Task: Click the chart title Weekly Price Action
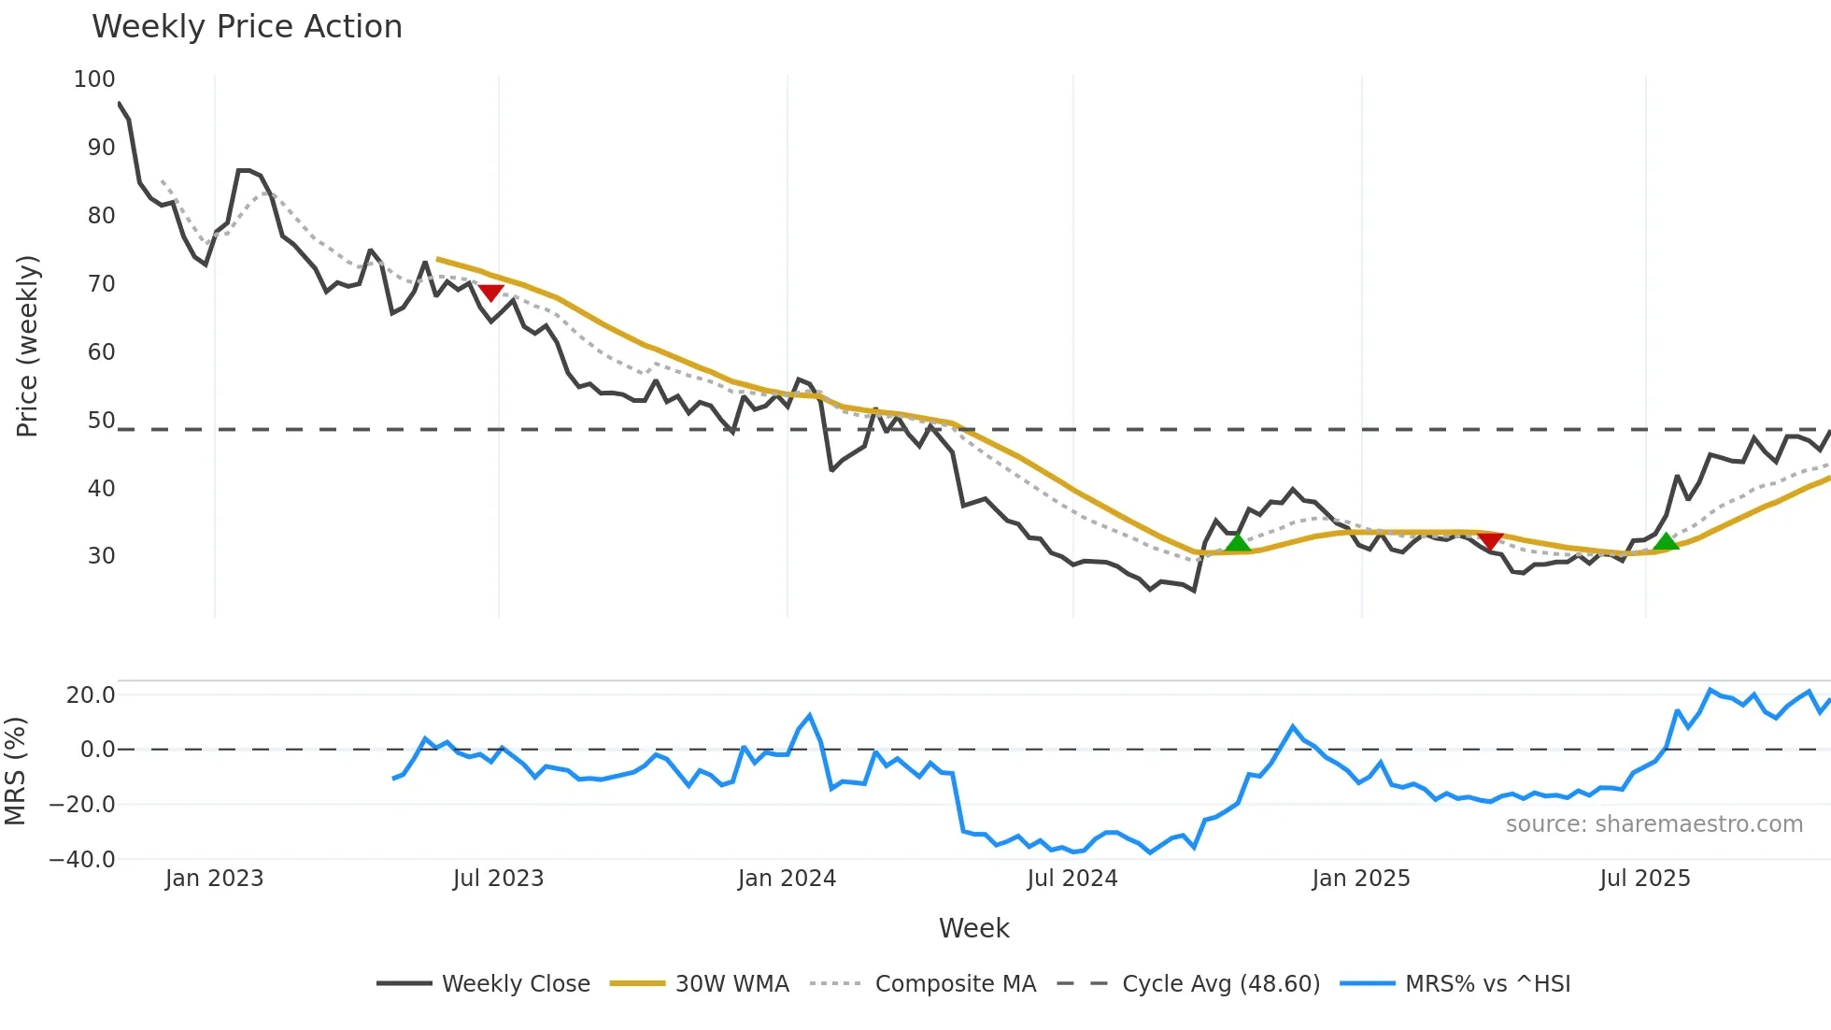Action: [247, 27]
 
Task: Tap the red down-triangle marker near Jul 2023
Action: [490, 293]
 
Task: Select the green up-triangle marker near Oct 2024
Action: [1237, 543]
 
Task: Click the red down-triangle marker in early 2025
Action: [1490, 541]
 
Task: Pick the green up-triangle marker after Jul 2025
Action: [1666, 541]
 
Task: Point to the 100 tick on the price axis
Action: [94, 79]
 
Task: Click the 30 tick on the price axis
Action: [101, 556]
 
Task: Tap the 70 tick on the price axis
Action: [101, 284]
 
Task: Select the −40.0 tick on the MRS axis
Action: [82, 860]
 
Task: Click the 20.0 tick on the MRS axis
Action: [91, 695]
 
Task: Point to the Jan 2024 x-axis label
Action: [787, 879]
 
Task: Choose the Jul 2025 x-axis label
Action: [1644, 879]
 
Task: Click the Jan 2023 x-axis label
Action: [214, 879]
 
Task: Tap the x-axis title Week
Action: [973, 928]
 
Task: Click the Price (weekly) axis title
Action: [27, 346]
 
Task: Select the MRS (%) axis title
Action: [15, 771]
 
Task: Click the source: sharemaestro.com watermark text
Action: [1654, 824]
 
